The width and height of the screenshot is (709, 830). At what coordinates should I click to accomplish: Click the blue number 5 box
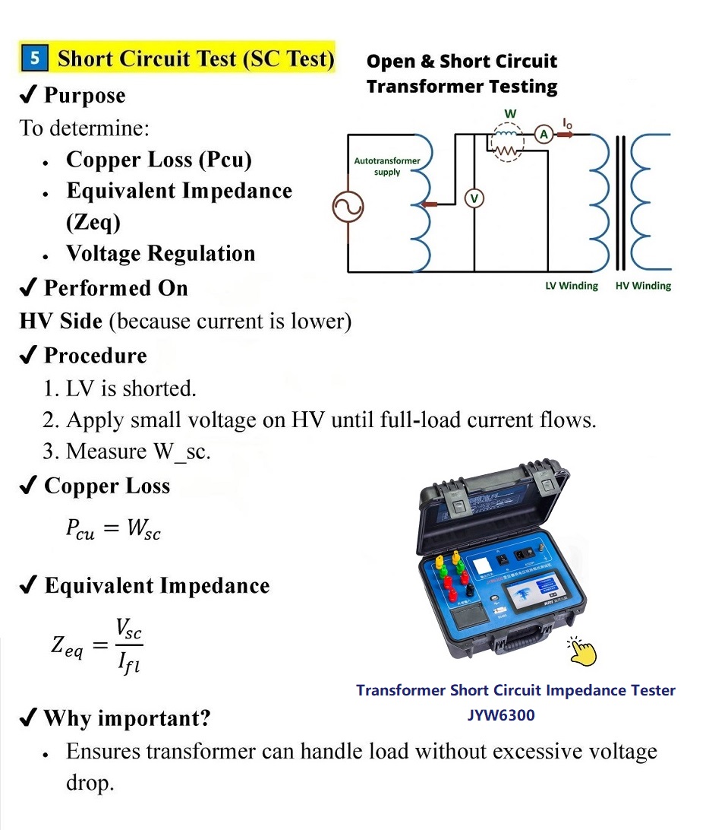tap(35, 59)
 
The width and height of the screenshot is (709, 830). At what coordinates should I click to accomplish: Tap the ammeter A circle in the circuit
tap(544, 135)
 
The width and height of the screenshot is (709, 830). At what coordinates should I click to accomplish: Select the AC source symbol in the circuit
tap(348, 205)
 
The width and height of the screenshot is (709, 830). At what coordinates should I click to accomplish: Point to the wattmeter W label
tap(511, 114)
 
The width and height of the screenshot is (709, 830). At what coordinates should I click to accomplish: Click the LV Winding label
tap(572, 286)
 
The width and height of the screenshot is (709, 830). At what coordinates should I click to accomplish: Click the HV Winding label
tap(643, 286)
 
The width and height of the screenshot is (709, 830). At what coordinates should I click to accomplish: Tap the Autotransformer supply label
tap(387, 166)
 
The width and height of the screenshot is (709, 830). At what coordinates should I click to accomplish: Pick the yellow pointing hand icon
tap(582, 651)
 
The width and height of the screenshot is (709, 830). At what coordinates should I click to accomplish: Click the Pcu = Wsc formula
tap(113, 530)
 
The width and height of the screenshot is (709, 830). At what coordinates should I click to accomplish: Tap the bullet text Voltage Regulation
tap(160, 253)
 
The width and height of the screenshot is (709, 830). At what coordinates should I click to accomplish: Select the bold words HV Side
tap(61, 322)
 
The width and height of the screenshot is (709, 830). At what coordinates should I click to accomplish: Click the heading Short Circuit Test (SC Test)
tap(196, 59)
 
